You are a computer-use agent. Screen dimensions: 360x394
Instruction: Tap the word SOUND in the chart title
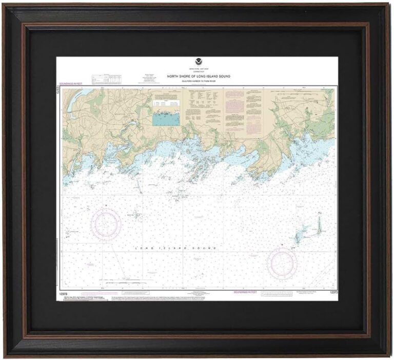click(224, 76)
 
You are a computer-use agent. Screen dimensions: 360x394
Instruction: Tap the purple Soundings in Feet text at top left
click(72, 84)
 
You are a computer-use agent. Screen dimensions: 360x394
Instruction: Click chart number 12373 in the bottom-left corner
click(64, 292)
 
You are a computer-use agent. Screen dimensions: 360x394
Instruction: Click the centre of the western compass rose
click(106, 225)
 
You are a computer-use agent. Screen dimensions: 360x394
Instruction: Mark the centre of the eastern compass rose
click(282, 263)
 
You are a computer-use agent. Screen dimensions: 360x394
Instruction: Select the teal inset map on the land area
click(166, 119)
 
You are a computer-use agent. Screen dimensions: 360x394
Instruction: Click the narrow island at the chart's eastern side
click(318, 223)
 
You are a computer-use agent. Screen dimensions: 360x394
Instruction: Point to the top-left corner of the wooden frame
click(6, 5)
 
